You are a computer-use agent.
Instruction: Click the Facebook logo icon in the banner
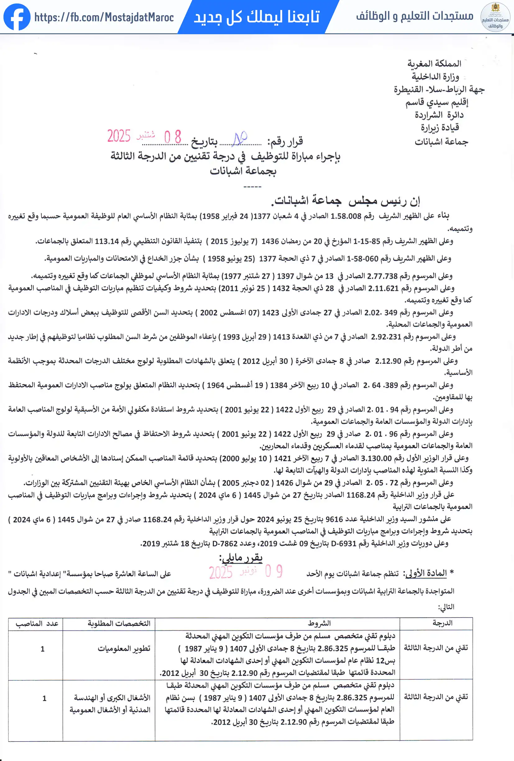(x=17, y=17)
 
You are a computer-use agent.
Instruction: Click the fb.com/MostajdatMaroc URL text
(x=104, y=17)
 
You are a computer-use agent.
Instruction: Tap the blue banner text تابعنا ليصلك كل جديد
(x=257, y=17)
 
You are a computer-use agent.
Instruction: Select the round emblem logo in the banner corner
(x=495, y=17)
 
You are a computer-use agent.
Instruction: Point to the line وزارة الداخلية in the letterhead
(x=435, y=76)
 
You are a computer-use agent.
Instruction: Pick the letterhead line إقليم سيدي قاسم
(x=437, y=103)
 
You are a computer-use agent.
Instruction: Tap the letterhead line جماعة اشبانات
(x=441, y=142)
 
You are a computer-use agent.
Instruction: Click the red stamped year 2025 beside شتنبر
(x=118, y=136)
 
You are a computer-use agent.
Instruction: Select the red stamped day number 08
(x=172, y=137)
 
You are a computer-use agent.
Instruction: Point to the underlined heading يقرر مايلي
(x=241, y=557)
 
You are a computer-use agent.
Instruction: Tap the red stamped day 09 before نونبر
(x=274, y=571)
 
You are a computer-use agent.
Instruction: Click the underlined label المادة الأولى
(x=426, y=573)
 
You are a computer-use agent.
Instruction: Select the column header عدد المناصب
(x=37, y=624)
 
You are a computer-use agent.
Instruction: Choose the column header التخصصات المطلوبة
(x=119, y=624)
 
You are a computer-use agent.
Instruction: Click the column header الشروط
(x=319, y=624)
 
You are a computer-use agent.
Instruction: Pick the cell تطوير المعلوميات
(x=124, y=649)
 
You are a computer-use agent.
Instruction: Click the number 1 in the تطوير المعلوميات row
(x=43, y=649)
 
